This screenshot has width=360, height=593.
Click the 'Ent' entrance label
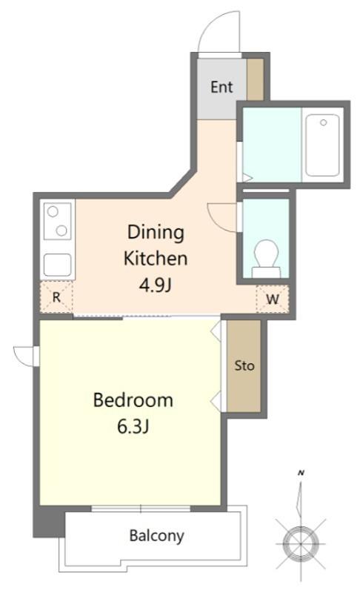coord(221,87)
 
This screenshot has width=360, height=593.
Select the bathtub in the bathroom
coord(322,145)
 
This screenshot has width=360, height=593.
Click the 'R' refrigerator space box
coord(56,297)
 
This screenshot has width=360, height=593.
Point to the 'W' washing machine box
coord(273,299)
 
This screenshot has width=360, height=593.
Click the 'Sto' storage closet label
coord(244,365)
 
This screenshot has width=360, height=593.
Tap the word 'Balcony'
coord(156,536)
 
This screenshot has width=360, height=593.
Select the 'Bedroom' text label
coord(133,400)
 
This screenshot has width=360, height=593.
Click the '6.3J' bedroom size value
coord(133,427)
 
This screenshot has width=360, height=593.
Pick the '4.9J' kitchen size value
coord(156,285)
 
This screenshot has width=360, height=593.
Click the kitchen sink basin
coord(58,265)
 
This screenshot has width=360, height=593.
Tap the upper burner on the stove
coord(53,211)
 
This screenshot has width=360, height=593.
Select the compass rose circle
coord(301,543)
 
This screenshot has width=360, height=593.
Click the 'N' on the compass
coord(301,473)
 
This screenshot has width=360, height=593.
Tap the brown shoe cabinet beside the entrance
coord(255,79)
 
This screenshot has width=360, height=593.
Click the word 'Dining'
coord(156,233)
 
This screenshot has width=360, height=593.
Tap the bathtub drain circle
coord(323,122)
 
